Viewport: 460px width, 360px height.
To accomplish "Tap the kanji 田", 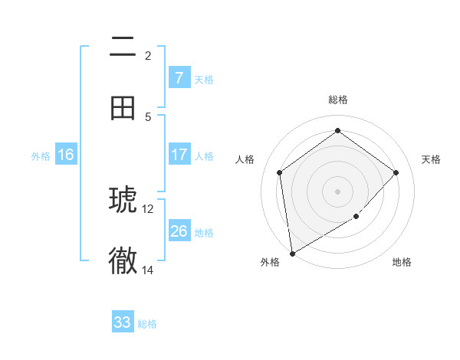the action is point(123,108).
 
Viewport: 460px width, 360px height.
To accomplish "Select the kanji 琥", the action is point(123,201).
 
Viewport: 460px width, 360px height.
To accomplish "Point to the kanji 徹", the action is point(123,261).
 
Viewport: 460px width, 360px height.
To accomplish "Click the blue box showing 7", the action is point(179,78).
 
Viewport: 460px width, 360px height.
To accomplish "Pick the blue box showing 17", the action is point(179,155).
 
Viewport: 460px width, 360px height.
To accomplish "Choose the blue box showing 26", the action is point(179,231).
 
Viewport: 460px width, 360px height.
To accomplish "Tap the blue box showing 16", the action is point(66,155).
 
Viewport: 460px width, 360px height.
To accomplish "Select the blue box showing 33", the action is point(123,322).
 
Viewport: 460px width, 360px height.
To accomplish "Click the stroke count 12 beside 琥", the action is point(148,208).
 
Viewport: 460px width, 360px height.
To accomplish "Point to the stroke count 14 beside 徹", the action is point(148,270).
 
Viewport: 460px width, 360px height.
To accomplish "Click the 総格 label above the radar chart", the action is point(337,100).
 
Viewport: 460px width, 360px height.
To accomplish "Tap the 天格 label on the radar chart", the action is point(431,159).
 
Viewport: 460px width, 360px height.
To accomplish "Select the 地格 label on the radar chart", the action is point(402,262).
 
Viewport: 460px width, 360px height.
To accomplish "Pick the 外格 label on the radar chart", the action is point(270,262).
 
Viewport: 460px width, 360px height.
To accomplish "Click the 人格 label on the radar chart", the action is point(245,159).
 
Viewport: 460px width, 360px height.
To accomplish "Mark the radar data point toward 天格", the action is point(396,172).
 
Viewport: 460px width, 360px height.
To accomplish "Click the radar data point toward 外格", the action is point(292,253).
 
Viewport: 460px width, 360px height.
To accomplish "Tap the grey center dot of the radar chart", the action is point(337,191).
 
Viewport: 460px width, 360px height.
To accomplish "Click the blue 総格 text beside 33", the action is point(147,324).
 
